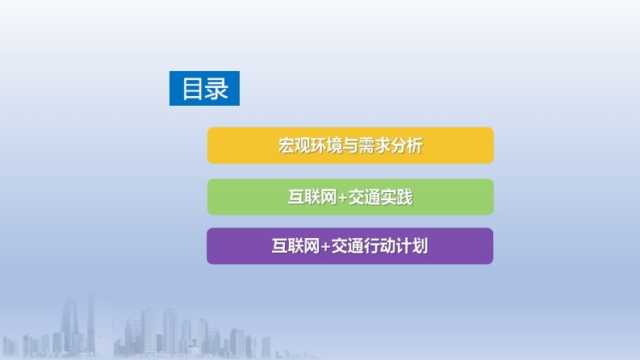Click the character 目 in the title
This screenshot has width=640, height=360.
(x=193, y=89)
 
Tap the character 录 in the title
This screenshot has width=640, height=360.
(x=216, y=89)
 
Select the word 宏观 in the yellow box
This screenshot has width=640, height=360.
(x=294, y=145)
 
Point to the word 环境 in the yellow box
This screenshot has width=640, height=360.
(x=326, y=145)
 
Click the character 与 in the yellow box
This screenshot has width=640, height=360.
(x=350, y=145)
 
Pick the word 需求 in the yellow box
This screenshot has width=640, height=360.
(x=374, y=145)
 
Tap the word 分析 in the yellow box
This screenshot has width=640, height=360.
(x=407, y=145)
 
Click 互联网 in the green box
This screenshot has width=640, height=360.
(x=312, y=197)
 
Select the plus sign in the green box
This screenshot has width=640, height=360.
(x=342, y=198)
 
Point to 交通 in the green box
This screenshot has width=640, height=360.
(x=364, y=197)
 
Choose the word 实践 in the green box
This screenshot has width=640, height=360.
(x=397, y=197)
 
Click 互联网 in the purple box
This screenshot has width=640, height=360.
(x=295, y=246)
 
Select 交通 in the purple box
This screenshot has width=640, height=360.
(x=347, y=246)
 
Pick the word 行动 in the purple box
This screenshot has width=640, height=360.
(x=379, y=246)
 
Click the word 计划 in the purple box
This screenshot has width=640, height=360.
(x=412, y=246)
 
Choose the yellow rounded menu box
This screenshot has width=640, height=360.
(x=350, y=145)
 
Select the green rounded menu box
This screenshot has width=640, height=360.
(x=350, y=197)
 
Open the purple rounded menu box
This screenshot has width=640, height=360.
(x=349, y=246)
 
